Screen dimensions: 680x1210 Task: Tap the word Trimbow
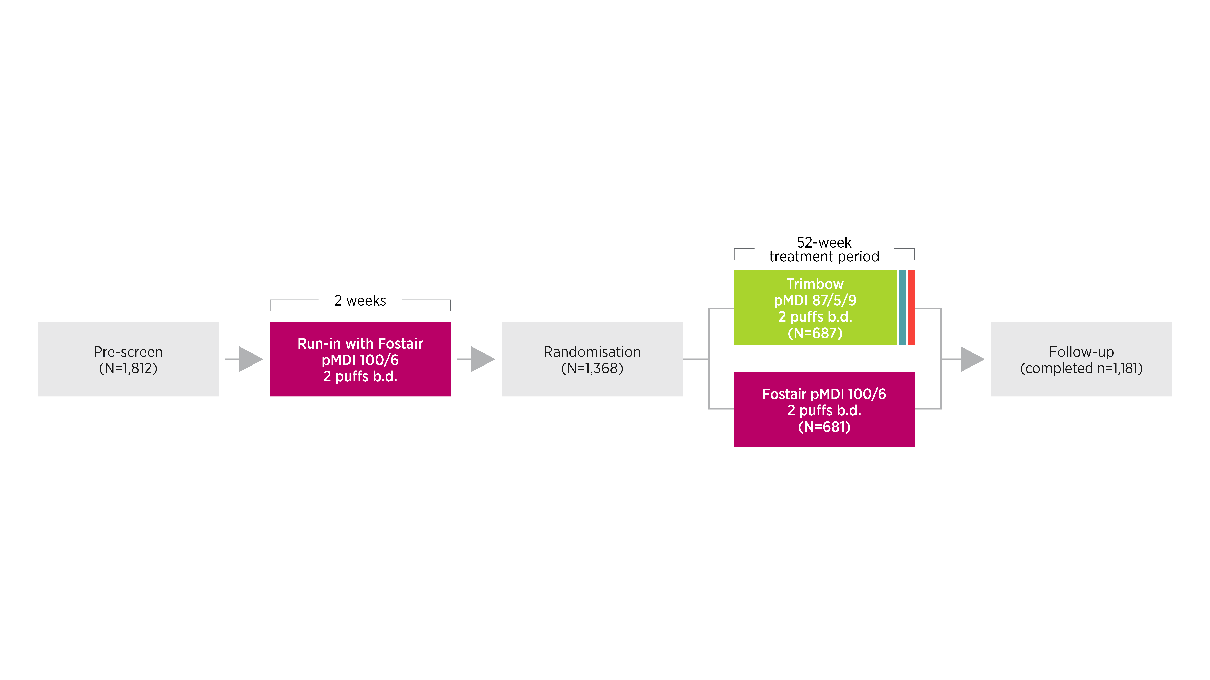(815, 284)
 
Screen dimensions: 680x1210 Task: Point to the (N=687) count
(815, 333)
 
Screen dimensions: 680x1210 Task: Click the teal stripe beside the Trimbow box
(902, 307)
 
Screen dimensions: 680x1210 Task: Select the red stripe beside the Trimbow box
(911, 307)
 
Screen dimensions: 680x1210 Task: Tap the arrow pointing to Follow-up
(971, 359)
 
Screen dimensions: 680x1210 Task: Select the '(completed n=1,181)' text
(1081, 368)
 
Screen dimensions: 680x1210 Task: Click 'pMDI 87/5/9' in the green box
(815, 300)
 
